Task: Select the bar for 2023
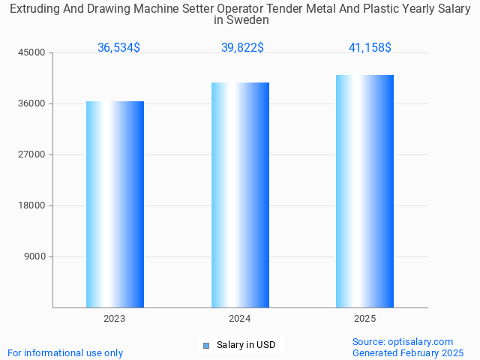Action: pos(115,204)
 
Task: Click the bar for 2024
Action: pos(240,195)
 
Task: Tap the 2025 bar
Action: pos(365,191)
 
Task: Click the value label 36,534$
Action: pos(118,47)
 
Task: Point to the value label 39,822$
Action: pos(242,47)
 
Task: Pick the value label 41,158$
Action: pos(370,47)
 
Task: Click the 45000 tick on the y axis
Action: pos(32,52)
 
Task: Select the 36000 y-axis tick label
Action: pos(32,103)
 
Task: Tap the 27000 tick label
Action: pos(32,154)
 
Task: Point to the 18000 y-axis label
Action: pos(32,205)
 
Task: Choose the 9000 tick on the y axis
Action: pos(34,256)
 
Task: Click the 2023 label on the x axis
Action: pos(115,319)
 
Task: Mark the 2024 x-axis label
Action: pos(240,319)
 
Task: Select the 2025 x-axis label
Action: pos(365,319)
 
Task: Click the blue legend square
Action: pos(206,345)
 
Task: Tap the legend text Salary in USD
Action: pos(246,345)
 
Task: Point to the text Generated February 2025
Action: pos(408,352)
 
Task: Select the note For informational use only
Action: pos(65,352)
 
